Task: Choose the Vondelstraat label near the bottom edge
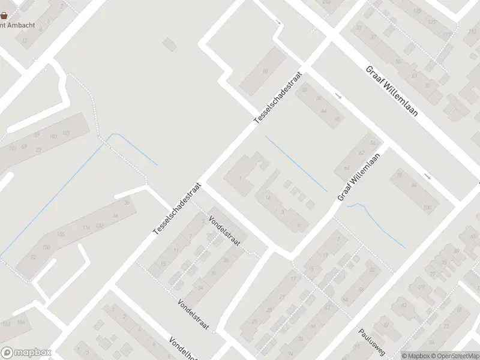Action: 193,314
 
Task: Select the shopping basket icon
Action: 4,16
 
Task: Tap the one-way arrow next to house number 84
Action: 427,176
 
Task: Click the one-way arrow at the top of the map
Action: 278,23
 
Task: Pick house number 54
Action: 373,143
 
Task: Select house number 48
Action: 337,119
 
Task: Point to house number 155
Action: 61,234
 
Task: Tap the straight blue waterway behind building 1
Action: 296,164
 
